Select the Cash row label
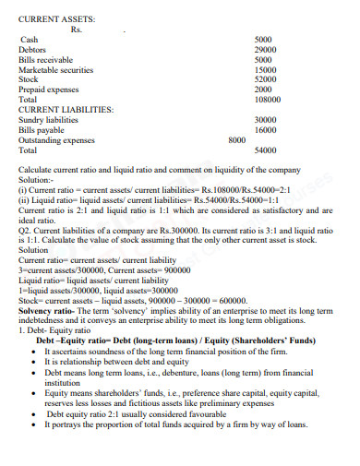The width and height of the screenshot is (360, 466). tap(29, 40)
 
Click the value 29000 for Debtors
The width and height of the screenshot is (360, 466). tap(266, 50)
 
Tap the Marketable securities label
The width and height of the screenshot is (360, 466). tap(56, 69)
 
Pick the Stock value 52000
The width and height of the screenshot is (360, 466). tap(266, 79)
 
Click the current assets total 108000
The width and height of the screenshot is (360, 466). tap(266, 99)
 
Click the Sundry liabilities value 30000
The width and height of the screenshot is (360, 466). tap(265, 119)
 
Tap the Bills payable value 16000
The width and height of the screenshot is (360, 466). tap(265, 129)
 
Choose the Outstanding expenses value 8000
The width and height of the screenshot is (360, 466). tap(236, 139)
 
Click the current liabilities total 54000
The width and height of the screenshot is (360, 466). tap(265, 149)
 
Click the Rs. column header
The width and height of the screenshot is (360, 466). tap(77, 28)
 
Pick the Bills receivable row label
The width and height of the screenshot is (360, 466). tap(45, 59)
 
